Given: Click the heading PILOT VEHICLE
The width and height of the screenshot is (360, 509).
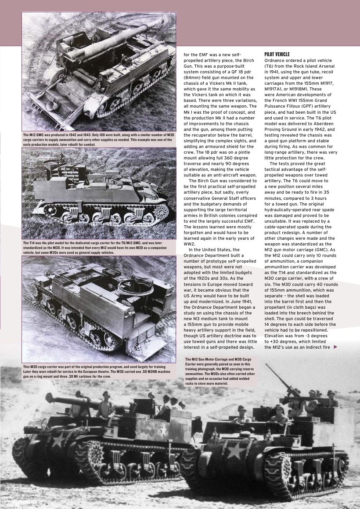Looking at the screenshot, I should pyautogui.click(x=277, y=54).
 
